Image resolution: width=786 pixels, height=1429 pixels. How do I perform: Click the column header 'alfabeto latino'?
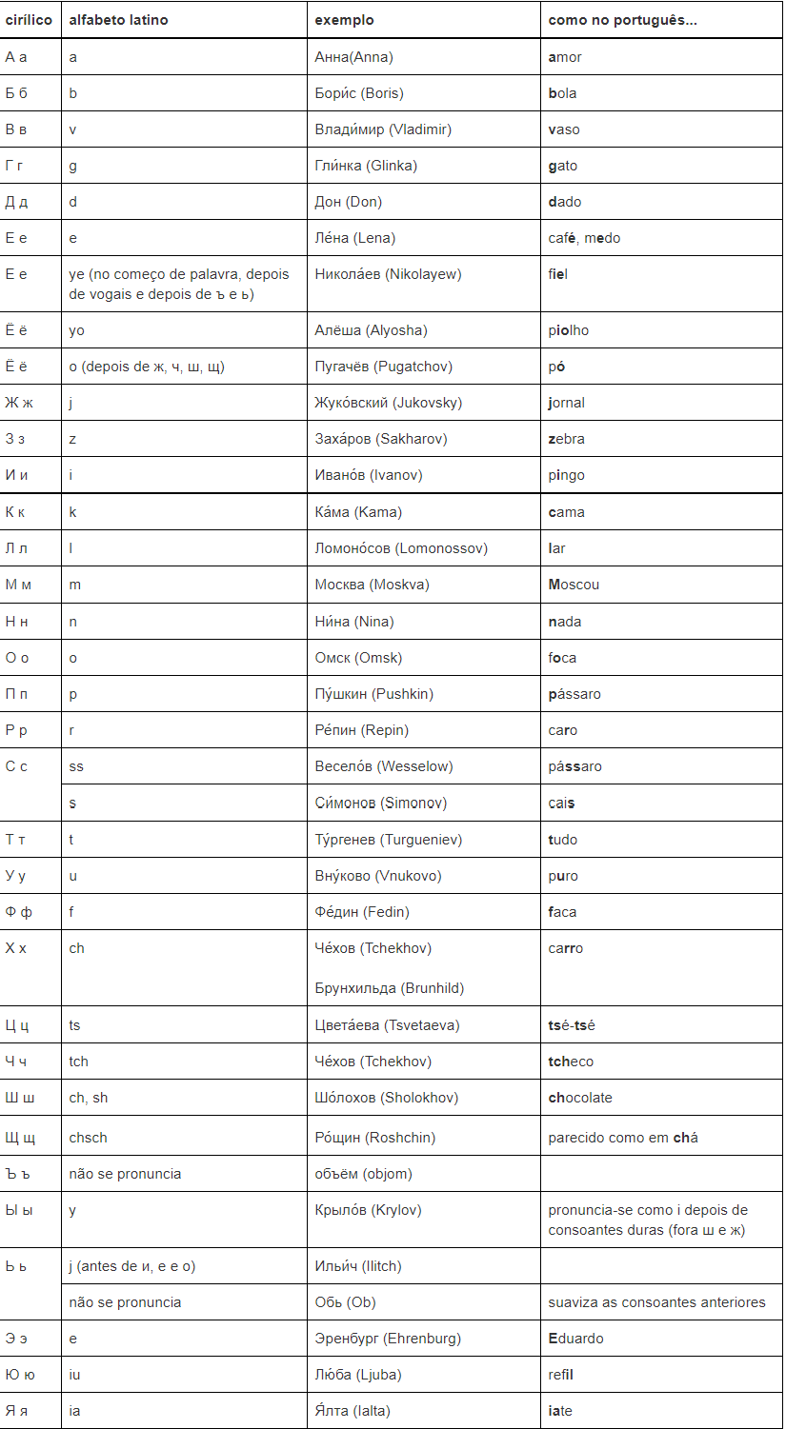click(118, 20)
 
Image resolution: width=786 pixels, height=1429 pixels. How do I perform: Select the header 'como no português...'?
click(622, 20)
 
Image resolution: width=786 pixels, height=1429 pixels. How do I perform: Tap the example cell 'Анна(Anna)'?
click(353, 57)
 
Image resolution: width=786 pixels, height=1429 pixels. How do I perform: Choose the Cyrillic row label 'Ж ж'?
click(19, 403)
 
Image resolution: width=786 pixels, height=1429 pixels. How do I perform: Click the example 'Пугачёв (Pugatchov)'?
click(383, 367)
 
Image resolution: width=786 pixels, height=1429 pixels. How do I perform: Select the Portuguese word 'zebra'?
click(567, 439)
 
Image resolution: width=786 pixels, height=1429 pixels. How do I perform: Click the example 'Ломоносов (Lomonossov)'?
click(401, 548)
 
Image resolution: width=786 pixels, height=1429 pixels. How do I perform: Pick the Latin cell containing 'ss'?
click(76, 766)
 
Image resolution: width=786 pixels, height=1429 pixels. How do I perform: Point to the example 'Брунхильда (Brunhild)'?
click(390, 988)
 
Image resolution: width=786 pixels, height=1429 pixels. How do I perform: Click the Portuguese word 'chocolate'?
click(580, 1098)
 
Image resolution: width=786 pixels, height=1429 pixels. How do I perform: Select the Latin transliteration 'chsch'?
click(88, 1138)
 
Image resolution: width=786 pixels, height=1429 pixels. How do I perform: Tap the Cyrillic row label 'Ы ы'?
click(19, 1210)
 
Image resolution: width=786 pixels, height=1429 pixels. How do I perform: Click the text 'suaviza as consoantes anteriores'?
click(656, 1302)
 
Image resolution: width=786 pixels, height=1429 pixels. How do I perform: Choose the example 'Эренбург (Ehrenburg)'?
click(388, 1339)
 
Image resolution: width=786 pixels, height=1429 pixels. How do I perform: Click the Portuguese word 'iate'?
click(560, 1411)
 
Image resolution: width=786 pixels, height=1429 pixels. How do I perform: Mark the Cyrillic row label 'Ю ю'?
click(19, 1375)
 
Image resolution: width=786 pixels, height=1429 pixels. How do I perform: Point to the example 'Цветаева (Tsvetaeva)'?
click(387, 1025)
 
